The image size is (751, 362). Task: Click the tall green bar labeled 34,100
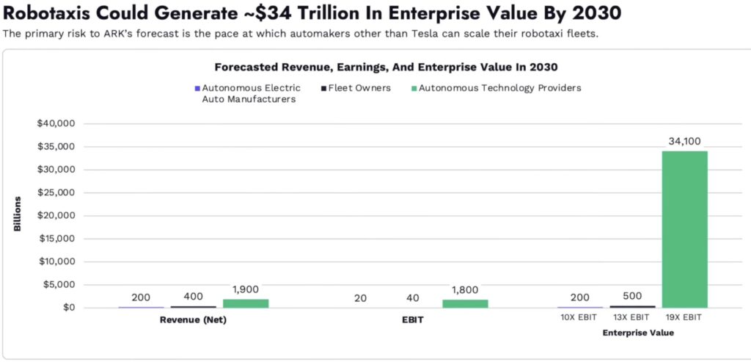point(684,229)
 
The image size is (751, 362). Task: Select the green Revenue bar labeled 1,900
point(246,303)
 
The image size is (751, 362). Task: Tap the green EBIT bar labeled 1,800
point(465,303)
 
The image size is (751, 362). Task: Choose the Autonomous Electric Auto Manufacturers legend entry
point(248,93)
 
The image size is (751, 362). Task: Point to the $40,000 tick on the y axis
point(56,123)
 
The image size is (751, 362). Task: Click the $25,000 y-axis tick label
point(56,192)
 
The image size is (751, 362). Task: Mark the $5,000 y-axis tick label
point(59,285)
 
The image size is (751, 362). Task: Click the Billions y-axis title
point(17,214)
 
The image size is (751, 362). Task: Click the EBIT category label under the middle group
point(413,320)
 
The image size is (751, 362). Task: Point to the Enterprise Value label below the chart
point(637,333)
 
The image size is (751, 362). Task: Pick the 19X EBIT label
point(685,317)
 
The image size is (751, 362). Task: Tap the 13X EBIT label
point(631,317)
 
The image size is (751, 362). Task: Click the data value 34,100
point(685,140)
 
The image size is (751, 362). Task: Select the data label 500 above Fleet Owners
point(632,295)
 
